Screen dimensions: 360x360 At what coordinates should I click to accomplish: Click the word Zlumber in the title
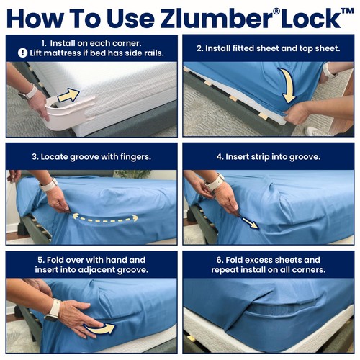pyautogui.click(x=217, y=19)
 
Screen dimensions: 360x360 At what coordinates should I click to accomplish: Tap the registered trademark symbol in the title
pyautogui.click(x=277, y=12)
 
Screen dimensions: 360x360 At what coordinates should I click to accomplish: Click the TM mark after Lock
pyautogui.click(x=347, y=12)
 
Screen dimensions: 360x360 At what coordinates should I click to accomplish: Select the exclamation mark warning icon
pyautogui.click(x=22, y=53)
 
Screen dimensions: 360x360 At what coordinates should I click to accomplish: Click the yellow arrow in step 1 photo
pyautogui.click(x=68, y=95)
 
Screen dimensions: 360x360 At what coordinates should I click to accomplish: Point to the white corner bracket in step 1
pyautogui.click(x=68, y=113)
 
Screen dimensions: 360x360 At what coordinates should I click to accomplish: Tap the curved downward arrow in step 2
pyautogui.click(x=287, y=86)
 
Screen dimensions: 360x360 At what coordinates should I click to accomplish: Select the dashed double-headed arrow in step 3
pyautogui.click(x=105, y=218)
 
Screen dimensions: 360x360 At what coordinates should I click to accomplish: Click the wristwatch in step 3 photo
pyautogui.click(x=49, y=185)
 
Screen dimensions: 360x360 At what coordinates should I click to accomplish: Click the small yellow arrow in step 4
pyautogui.click(x=250, y=222)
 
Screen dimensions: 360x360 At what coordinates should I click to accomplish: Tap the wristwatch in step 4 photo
pyautogui.click(x=215, y=181)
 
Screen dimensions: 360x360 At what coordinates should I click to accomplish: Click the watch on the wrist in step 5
pyautogui.click(x=53, y=310)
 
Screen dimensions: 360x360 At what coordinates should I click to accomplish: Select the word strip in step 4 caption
pyautogui.click(x=261, y=157)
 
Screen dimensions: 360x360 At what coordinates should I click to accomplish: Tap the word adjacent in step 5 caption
pyautogui.click(x=98, y=270)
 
